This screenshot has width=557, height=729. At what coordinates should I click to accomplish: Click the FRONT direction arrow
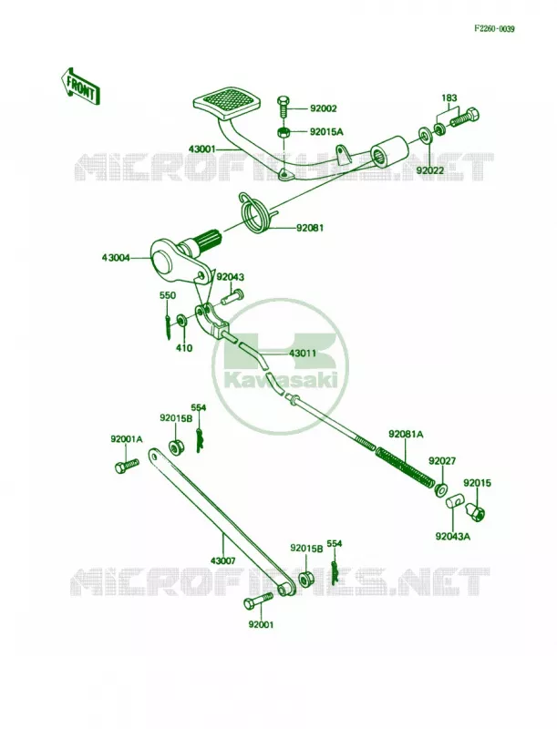point(78,87)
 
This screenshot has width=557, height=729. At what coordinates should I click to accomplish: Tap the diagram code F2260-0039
point(494,29)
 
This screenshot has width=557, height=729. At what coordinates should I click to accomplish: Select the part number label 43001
point(202,149)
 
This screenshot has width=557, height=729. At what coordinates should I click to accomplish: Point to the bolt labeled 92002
point(284,108)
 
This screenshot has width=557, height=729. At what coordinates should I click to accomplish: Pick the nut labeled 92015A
point(284,132)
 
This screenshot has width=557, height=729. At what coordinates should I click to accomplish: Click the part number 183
point(449,98)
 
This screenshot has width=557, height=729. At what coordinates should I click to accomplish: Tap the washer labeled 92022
point(424,135)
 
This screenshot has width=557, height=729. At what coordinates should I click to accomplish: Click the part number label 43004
point(117,257)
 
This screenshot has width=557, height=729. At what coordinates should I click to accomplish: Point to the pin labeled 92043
point(232,296)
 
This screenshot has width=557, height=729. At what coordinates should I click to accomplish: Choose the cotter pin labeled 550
point(168,323)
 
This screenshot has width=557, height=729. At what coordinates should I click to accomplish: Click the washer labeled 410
point(182,320)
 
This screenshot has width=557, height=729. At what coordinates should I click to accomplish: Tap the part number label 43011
point(303,354)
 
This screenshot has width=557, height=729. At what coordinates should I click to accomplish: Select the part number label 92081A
point(407,435)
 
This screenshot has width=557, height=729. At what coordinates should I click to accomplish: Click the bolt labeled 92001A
point(127,466)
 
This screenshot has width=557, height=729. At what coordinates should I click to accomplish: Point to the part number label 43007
point(223,560)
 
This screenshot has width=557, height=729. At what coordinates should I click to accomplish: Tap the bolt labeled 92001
point(259,601)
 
